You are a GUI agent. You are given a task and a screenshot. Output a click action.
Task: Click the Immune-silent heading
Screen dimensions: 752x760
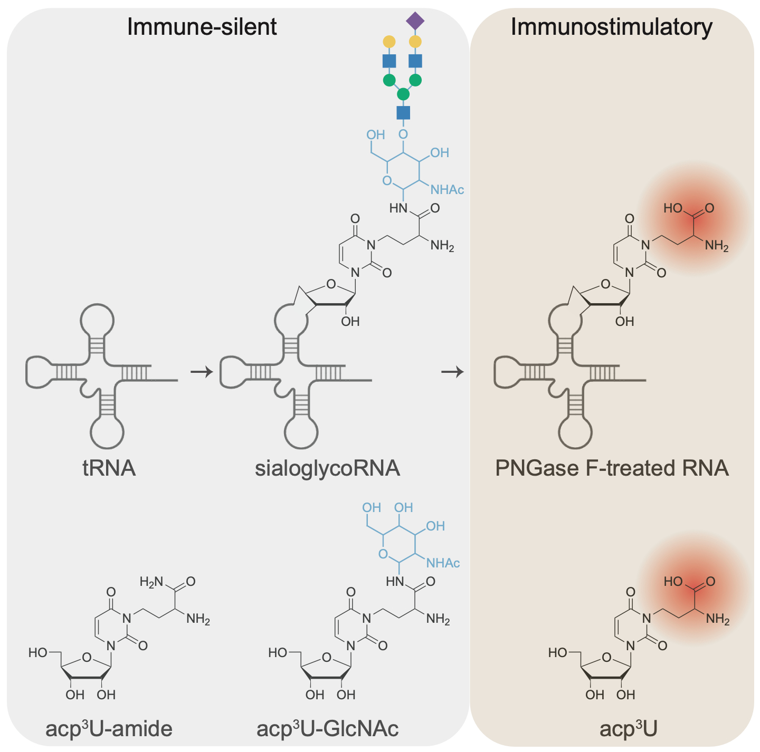tap(202, 27)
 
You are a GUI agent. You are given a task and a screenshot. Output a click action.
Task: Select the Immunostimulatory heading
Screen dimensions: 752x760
tap(611, 27)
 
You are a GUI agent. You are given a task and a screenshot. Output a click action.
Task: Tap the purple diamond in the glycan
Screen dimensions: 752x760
tap(415, 21)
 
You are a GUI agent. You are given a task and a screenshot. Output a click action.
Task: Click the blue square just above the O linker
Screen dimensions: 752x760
tap(403, 112)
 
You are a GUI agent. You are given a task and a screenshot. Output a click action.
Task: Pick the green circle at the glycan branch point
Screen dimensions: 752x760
tap(403, 94)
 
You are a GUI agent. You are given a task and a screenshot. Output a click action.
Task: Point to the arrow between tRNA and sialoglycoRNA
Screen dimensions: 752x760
tap(201, 372)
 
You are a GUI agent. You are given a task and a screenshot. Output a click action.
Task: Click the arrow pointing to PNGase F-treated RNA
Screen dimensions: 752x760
tap(452, 372)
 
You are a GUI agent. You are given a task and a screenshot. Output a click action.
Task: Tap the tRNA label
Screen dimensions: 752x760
tap(109, 468)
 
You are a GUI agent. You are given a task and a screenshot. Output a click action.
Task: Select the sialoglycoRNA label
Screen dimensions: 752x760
tap(327, 468)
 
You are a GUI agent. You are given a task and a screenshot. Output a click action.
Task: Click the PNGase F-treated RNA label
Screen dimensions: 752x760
tap(612, 468)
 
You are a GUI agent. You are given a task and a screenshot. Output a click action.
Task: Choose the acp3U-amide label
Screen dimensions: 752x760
tap(109, 729)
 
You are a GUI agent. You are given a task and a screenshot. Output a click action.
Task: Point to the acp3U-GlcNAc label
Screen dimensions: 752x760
tap(327, 729)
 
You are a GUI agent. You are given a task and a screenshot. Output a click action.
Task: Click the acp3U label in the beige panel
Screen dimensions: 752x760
tap(629, 729)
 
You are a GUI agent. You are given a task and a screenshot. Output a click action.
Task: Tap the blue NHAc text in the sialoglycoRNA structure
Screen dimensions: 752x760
tap(448, 190)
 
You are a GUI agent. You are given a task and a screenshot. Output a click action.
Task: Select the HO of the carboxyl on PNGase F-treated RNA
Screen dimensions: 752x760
tap(673, 208)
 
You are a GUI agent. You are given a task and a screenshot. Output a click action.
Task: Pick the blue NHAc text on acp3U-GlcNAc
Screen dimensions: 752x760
tap(443, 563)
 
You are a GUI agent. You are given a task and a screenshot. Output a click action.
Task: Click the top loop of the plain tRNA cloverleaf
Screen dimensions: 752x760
tap(97, 320)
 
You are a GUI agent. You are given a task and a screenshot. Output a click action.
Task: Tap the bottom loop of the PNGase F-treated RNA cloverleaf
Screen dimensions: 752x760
tap(576, 432)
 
